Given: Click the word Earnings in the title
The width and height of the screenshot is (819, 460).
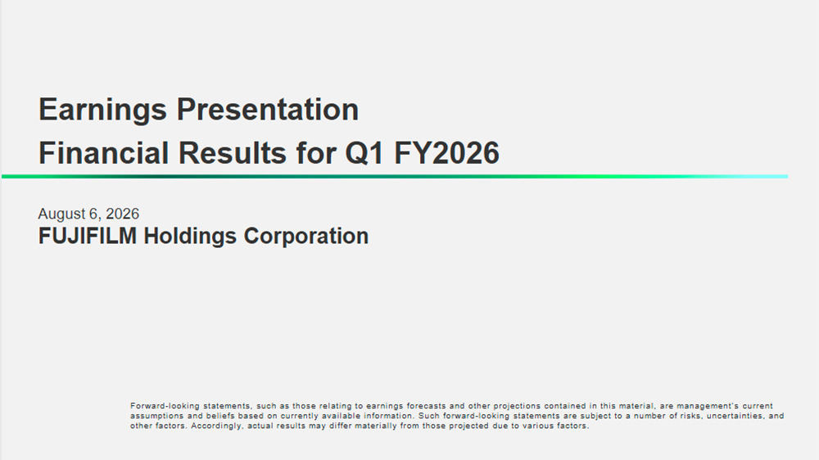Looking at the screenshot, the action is tap(102, 110).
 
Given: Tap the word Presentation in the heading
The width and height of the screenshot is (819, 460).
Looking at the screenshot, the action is tap(268, 110).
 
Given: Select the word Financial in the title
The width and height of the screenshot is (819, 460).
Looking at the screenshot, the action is tap(103, 153).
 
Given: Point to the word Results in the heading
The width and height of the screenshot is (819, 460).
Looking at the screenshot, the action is tap(233, 153).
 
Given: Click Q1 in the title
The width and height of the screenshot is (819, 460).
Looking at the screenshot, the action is tap(364, 154).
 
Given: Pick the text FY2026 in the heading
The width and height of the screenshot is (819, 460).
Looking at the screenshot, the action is tap(446, 153).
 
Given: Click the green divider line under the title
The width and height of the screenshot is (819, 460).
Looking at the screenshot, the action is tap(395, 177).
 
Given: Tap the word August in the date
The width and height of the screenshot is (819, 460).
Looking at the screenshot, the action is tap(61, 214).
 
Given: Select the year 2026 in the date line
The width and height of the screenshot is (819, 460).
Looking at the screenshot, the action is tap(122, 214).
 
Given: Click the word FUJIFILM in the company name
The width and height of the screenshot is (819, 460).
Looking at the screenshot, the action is tap(88, 236).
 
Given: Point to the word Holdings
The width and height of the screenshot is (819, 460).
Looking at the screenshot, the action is tap(190, 237).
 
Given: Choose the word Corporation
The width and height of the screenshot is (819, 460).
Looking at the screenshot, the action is tap(306, 237).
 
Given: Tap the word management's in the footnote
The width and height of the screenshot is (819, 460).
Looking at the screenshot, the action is tap(708, 406).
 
